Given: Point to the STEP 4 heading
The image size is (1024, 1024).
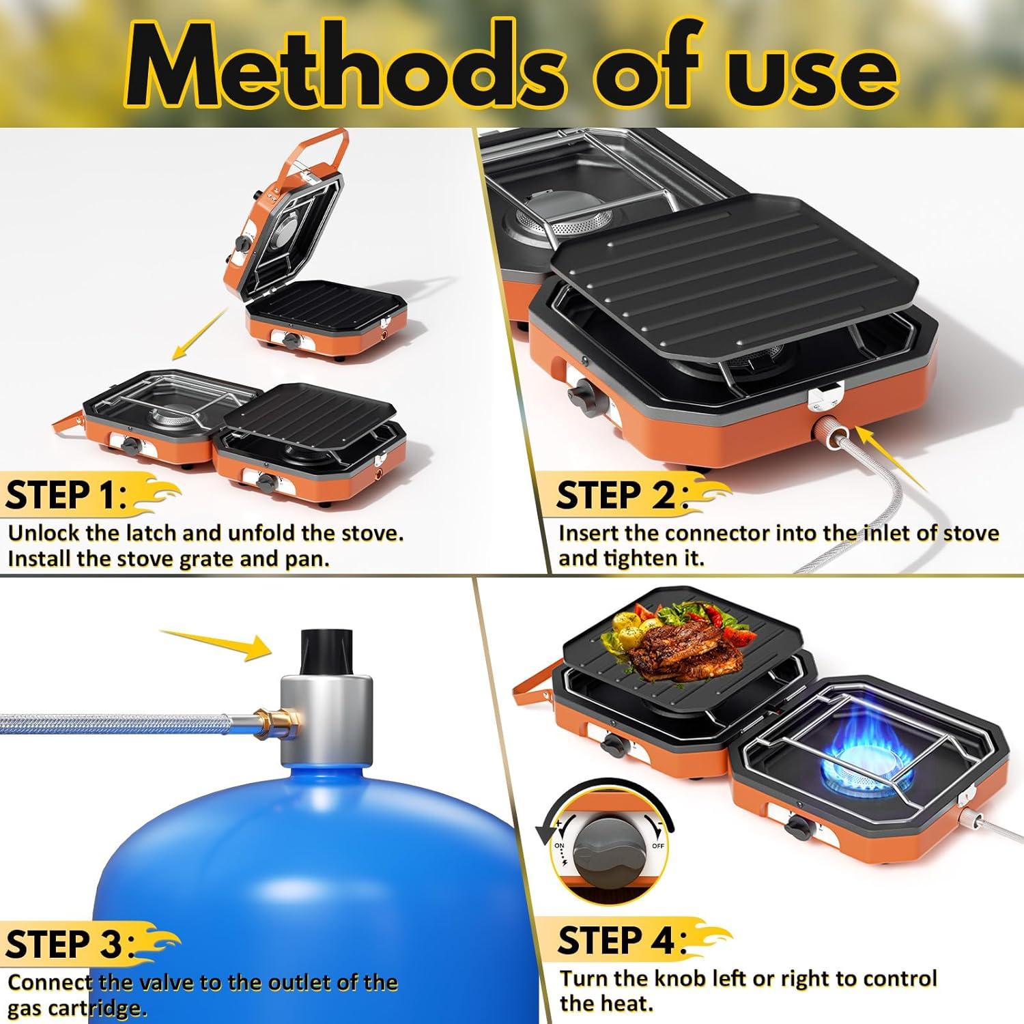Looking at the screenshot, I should tap(618, 941).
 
